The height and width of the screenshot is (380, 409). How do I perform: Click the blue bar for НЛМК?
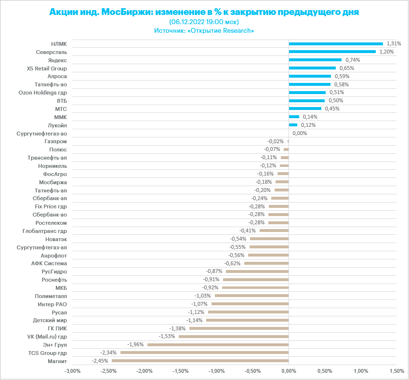coord(336,44)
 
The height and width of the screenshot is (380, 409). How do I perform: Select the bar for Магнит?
coord(200,361)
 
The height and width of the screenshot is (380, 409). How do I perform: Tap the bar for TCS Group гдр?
coord(204,353)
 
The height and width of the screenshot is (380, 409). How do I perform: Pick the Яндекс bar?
coord(315,60)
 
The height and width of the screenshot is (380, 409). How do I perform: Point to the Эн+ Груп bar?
coord(218,344)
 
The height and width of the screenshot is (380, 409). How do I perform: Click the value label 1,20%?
coord(386,52)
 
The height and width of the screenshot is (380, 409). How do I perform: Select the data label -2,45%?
coord(100,361)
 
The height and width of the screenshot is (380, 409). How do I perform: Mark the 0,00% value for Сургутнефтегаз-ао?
coord(300,133)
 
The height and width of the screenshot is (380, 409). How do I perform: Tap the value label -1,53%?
coord(166,336)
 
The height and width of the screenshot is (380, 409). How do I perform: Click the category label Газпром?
coord(55,141)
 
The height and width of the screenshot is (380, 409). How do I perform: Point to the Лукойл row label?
coord(57,125)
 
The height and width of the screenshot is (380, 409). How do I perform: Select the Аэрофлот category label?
coord(54,255)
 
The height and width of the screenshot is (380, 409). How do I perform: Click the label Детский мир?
coord(50,320)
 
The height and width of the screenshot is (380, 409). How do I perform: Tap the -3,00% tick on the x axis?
coord(72,371)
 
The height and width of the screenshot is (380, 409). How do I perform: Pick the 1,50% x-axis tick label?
coord(396,371)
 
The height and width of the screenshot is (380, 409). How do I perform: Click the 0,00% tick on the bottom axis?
coord(288,371)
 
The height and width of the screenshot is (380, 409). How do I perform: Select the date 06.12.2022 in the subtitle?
coord(188,22)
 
